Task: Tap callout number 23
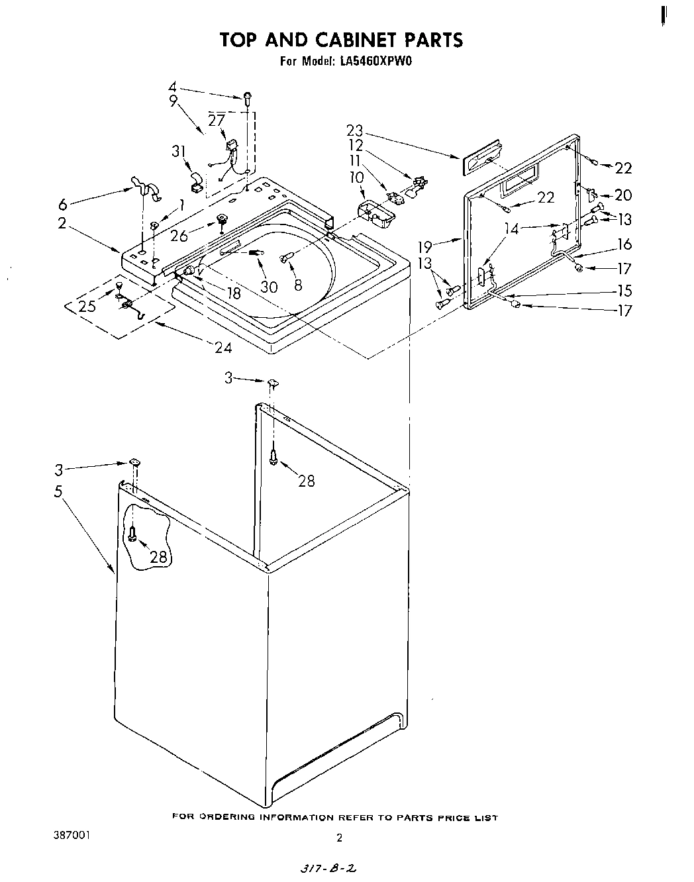point(354,130)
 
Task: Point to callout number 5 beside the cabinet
point(59,491)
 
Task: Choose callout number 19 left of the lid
point(424,247)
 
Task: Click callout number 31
point(178,151)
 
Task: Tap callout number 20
point(623,195)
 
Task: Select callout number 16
point(624,244)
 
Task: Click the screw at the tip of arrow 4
point(248,97)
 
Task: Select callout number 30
point(269,287)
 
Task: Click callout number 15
point(624,290)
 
